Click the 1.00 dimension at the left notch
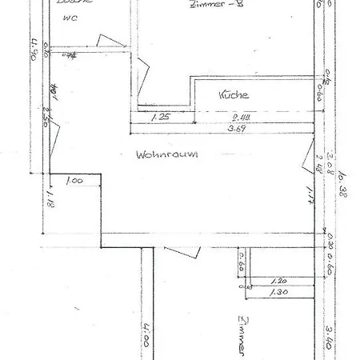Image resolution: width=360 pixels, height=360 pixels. pyautogui.click(x=74, y=182)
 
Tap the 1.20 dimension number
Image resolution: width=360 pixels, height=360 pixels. pyautogui.click(x=278, y=282)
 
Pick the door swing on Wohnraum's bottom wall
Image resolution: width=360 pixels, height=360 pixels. pyautogui.click(x=183, y=251)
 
